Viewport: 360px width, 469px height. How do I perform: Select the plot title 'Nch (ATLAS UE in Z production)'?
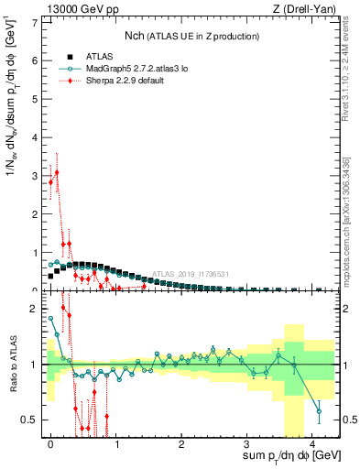pyautogui.click(x=191, y=36)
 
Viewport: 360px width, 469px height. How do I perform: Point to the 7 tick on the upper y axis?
pyautogui.click(x=36, y=21)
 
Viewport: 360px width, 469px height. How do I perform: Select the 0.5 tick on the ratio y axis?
pyautogui.click(x=30, y=420)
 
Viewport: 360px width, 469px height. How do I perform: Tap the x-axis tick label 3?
pyautogui.click(x=247, y=443)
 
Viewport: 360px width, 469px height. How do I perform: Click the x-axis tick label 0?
pyautogui.click(x=51, y=443)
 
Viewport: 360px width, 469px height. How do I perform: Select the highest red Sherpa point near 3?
pyautogui.click(x=57, y=171)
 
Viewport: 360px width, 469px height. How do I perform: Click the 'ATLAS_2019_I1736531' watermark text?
pyautogui.click(x=191, y=273)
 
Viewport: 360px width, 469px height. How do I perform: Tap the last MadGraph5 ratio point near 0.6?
pyautogui.click(x=318, y=411)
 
